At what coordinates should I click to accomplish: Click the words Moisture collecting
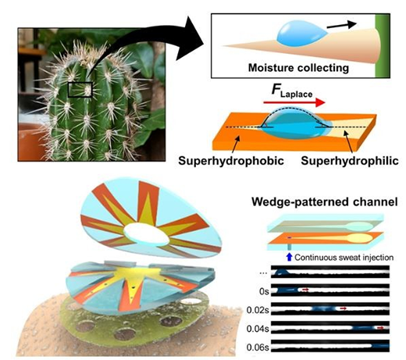coord(298,68)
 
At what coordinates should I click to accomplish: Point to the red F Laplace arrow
coord(294,102)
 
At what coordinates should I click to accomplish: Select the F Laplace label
coord(292,91)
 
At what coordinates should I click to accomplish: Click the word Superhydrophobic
coord(231,161)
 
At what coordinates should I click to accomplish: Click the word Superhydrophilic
coord(350,161)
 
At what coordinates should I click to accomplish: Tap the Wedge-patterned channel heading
coord(325,201)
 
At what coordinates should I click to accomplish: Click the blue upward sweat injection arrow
coord(289,257)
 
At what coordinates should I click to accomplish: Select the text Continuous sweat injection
coord(344,258)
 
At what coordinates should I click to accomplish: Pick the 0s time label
coord(264,291)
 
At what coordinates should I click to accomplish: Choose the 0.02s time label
coord(258,310)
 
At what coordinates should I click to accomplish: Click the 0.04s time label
coord(258,329)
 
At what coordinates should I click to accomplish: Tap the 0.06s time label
coord(258,348)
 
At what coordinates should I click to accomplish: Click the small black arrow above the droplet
coord(342,25)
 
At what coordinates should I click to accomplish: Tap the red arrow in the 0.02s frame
coord(344,308)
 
